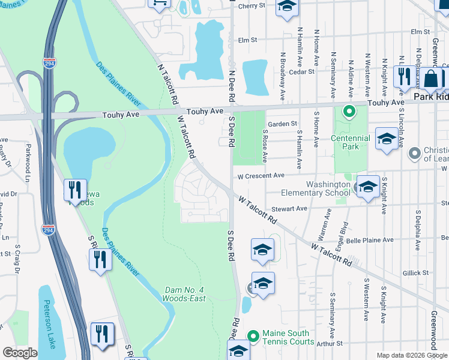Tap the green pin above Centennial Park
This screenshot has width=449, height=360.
point(348,112)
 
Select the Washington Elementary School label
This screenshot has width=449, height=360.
point(328,188)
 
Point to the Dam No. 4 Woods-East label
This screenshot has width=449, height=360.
point(185,294)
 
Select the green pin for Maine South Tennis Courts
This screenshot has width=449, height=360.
point(253,335)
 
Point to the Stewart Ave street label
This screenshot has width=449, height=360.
point(289,209)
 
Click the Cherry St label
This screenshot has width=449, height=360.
point(252,6)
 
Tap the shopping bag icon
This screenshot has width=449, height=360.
point(431,79)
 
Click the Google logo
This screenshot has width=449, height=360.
point(20,353)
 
